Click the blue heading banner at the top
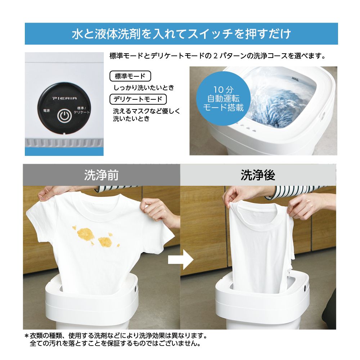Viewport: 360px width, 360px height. click(181, 34)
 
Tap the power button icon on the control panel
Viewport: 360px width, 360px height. click(64, 116)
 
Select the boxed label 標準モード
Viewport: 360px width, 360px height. click(130, 76)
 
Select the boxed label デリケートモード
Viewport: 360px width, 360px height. click(138, 99)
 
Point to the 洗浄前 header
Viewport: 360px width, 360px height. click(101, 175)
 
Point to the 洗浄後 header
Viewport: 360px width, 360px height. click(258, 175)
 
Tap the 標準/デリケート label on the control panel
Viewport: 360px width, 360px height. click(81, 111)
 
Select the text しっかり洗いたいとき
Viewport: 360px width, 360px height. click(144, 88)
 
